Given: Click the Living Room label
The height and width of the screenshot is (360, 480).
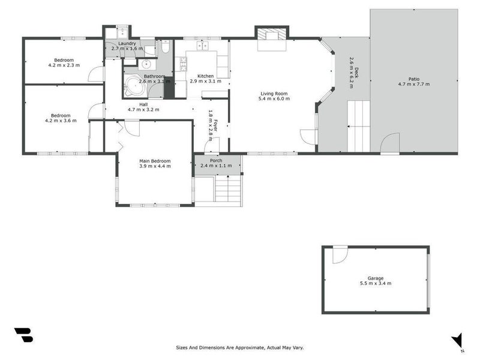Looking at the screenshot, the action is (274, 94).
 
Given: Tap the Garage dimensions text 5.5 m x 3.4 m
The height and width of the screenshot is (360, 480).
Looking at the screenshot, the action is (376, 283).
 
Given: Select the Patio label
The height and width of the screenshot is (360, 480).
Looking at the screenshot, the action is (414, 79).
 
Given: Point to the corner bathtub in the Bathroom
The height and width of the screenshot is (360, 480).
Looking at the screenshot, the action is (134, 86).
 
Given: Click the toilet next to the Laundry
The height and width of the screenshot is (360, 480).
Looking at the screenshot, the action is (166, 47).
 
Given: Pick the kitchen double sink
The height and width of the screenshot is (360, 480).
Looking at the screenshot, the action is (202, 46).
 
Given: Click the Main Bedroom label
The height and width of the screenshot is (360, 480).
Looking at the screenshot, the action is (155, 161).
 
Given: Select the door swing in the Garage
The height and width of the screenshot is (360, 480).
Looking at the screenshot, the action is (340, 254).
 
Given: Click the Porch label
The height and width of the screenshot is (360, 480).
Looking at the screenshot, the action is (216, 160).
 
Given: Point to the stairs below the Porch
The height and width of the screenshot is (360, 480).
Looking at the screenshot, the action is (228, 188).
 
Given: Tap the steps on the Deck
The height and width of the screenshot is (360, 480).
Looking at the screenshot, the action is (358, 126).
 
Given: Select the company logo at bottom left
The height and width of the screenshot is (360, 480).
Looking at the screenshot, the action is (23, 335).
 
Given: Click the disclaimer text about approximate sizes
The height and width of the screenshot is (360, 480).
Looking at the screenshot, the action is (239, 347).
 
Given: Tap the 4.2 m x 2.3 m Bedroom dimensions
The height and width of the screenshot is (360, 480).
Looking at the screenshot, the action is (64, 65).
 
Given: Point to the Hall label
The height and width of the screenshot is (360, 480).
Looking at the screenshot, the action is (143, 104).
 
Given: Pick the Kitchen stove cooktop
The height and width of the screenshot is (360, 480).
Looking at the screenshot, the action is (183, 64).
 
